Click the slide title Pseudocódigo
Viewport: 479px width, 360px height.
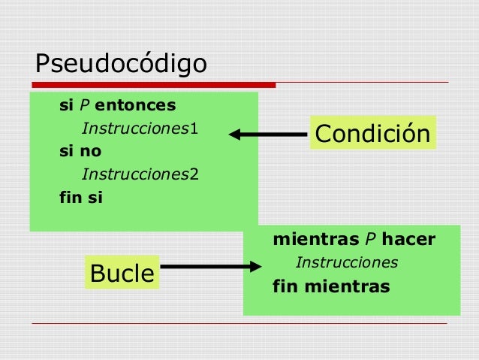click(121, 64)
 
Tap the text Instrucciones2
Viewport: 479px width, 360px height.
click(140, 175)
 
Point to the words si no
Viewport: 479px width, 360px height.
click(80, 151)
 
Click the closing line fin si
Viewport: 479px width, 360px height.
click(81, 199)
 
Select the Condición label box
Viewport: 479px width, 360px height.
click(372, 134)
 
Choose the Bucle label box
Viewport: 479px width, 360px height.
click(121, 274)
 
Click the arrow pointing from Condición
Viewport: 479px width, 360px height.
click(267, 135)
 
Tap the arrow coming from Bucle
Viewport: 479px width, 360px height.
click(210, 267)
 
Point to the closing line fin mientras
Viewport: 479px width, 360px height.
click(331, 286)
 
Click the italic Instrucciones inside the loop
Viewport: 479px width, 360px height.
click(346, 263)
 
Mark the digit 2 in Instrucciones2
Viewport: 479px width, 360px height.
click(194, 175)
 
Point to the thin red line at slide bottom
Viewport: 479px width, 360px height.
click(240, 323)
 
